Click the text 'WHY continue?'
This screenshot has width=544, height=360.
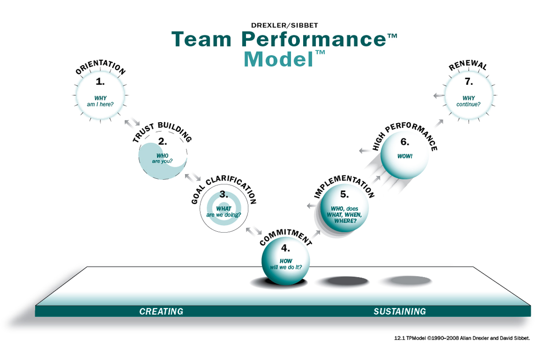pos(468,101)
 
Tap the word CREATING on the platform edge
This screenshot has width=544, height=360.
pos(161,311)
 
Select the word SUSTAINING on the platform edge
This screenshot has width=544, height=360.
pos(399,311)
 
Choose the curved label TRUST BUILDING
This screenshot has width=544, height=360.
pos(162,132)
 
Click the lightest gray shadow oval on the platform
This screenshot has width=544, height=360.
pos(405,281)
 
